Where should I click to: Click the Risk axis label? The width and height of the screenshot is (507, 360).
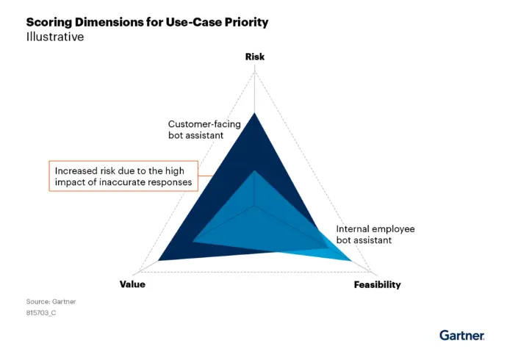click(x=255, y=57)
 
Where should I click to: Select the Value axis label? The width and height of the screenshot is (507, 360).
click(x=132, y=284)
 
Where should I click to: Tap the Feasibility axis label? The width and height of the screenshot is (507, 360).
click(x=378, y=285)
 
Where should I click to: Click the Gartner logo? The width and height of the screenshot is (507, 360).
click(x=461, y=335)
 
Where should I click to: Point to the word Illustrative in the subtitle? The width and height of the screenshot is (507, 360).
click(x=55, y=37)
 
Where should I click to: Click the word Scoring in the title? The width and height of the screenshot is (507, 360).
click(x=49, y=23)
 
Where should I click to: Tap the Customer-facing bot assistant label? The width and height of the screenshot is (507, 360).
click(x=204, y=129)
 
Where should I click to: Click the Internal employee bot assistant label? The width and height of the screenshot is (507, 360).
click(x=375, y=234)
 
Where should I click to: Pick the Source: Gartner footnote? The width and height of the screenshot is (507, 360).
click(x=51, y=301)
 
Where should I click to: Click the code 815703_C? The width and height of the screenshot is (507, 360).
click(x=41, y=313)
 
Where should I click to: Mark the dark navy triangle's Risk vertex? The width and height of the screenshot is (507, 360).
click(x=254, y=113)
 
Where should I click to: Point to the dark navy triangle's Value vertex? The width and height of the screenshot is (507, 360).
click(x=158, y=261)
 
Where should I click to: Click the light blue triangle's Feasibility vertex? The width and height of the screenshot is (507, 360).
click(x=351, y=261)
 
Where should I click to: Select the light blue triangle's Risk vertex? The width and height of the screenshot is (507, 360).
click(x=255, y=170)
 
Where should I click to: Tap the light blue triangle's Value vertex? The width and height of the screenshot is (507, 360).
click(x=193, y=241)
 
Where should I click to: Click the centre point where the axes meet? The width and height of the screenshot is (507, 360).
click(x=255, y=206)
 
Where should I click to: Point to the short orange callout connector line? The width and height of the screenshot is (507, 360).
click(x=205, y=176)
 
